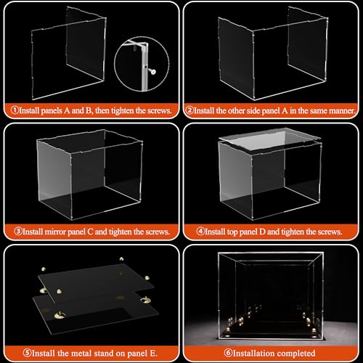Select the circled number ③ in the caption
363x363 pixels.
pos(19,232)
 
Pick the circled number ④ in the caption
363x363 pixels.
pos(200,232)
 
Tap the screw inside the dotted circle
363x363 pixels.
pos(154,71)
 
